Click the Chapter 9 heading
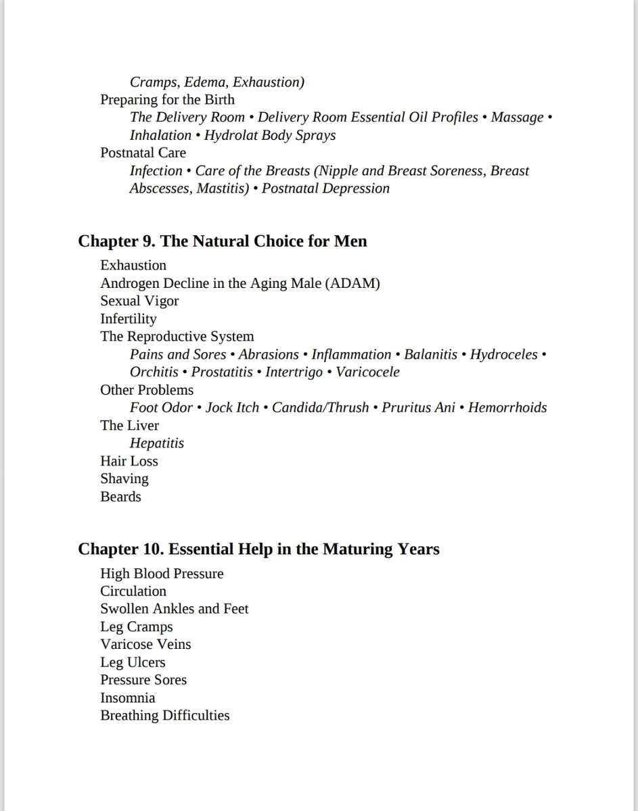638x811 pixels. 223,241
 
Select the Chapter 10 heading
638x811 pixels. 258,549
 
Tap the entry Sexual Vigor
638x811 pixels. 139,301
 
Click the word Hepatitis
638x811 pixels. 156,443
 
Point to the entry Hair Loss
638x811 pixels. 129,461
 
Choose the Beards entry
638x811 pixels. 120,497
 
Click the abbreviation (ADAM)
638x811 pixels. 352,283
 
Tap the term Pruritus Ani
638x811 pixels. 418,408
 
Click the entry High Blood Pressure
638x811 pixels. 162,574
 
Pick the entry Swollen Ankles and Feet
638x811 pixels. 174,609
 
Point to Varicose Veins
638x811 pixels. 145,645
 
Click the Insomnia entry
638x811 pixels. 127,698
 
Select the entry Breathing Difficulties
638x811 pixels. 164,716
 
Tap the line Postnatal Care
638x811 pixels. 143,153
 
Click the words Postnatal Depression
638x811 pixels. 325,189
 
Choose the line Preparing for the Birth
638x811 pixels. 167,99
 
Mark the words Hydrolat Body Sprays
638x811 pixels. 269,135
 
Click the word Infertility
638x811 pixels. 128,319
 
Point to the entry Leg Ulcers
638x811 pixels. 133,662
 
